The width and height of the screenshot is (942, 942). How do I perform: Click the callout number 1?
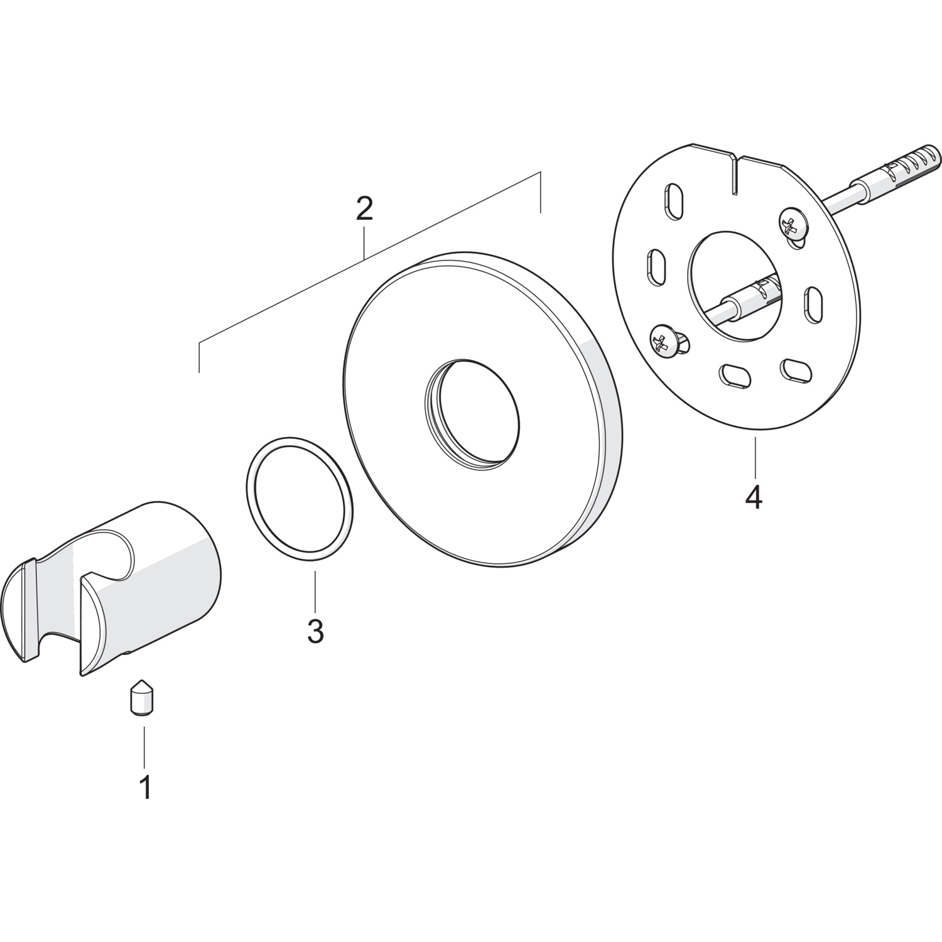coord(146,787)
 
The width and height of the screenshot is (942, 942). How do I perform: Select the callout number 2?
coord(364,209)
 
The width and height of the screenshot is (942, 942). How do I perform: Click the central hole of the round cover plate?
coord(474,414)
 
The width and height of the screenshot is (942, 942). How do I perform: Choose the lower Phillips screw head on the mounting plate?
coord(667,342)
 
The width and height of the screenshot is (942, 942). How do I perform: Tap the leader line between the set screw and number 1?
coord(145,747)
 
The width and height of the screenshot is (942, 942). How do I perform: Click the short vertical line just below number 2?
coord(364,244)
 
